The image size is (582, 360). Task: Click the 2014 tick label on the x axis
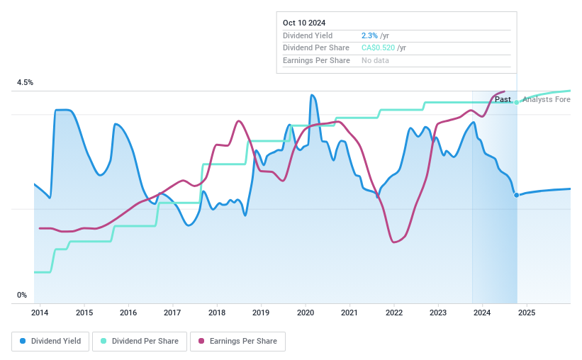coord(40,313)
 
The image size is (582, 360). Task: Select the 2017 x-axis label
coord(172,313)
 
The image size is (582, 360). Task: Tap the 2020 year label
coord(306,313)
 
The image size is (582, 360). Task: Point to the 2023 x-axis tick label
coord(438,313)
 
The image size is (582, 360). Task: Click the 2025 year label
coord(527,313)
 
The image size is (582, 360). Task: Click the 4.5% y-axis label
coord(25,83)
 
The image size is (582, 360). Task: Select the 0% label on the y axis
coord(22,295)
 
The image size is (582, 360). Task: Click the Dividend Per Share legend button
coord(140,341)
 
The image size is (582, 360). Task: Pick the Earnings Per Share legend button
coord(237,341)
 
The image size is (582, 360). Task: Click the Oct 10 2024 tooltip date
coord(304,23)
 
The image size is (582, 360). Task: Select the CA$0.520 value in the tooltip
coord(378,48)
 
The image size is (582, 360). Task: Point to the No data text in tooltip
coord(375,61)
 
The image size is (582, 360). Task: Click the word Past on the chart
coord(503,99)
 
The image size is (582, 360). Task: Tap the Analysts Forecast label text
coord(546,99)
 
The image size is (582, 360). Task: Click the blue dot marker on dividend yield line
coord(517,195)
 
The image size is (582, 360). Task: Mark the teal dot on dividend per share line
coord(517,102)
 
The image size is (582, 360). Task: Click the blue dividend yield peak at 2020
coord(312,95)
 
